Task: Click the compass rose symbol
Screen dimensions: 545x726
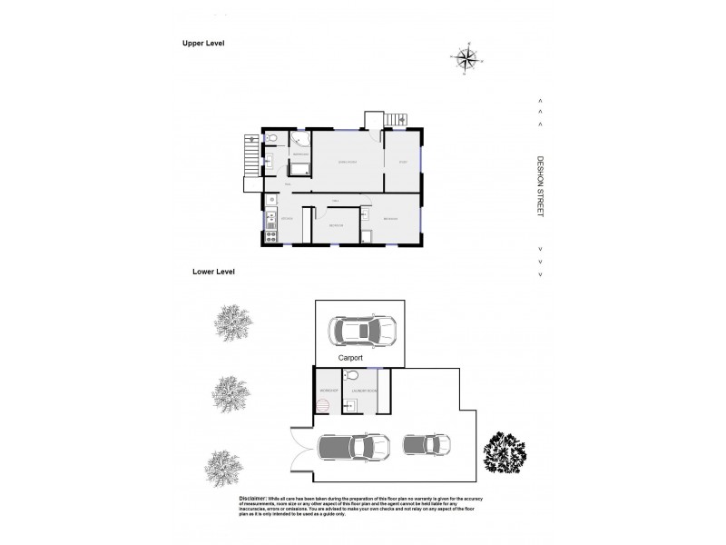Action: click(x=466, y=61)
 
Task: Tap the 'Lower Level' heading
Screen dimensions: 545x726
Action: click(x=213, y=272)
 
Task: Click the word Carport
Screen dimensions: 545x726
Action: click(x=351, y=359)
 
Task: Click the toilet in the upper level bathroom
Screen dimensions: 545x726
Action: click(x=270, y=139)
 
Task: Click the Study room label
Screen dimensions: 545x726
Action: click(x=402, y=163)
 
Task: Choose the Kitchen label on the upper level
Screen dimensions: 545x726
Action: click(x=287, y=220)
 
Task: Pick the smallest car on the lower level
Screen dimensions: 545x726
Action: click(x=426, y=445)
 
